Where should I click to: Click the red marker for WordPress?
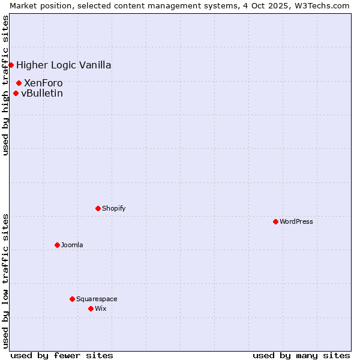275,221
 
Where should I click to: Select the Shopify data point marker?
98,208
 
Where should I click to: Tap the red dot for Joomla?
57,245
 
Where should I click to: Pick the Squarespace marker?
72,299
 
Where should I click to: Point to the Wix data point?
91,308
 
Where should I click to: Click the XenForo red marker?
19,83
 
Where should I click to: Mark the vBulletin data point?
16,93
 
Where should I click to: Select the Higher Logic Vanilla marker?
11,65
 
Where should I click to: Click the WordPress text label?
296,221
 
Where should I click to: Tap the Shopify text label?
114,208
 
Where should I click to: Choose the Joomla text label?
72,245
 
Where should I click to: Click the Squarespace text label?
97,299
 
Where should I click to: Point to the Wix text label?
100,308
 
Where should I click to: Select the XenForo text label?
43,83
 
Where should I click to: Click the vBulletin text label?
42,93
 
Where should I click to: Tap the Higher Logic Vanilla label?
64,65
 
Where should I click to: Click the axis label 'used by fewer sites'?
62,355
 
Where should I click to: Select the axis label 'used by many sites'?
301,355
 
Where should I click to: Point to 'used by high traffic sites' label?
5,85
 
